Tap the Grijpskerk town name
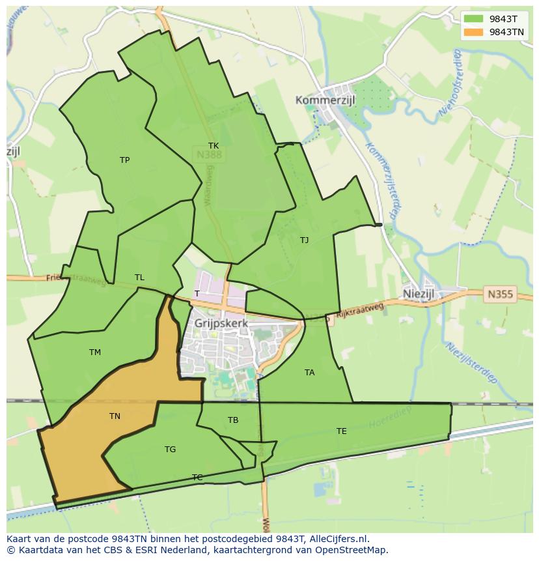tap(221, 323)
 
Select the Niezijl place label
tap(419, 294)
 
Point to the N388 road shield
tap(208, 155)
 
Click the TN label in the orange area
tap(115, 416)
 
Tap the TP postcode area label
tap(124, 160)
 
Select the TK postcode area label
tap(214, 146)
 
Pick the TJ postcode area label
tap(304, 240)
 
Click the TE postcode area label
tap(341, 431)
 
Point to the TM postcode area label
tap(95, 352)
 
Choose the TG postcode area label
tap(170, 450)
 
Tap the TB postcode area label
tap(233, 420)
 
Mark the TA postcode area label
tap(309, 373)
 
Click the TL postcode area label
tap(139, 278)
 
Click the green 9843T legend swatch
tap(474, 19)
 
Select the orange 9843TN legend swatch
tap(474, 32)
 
